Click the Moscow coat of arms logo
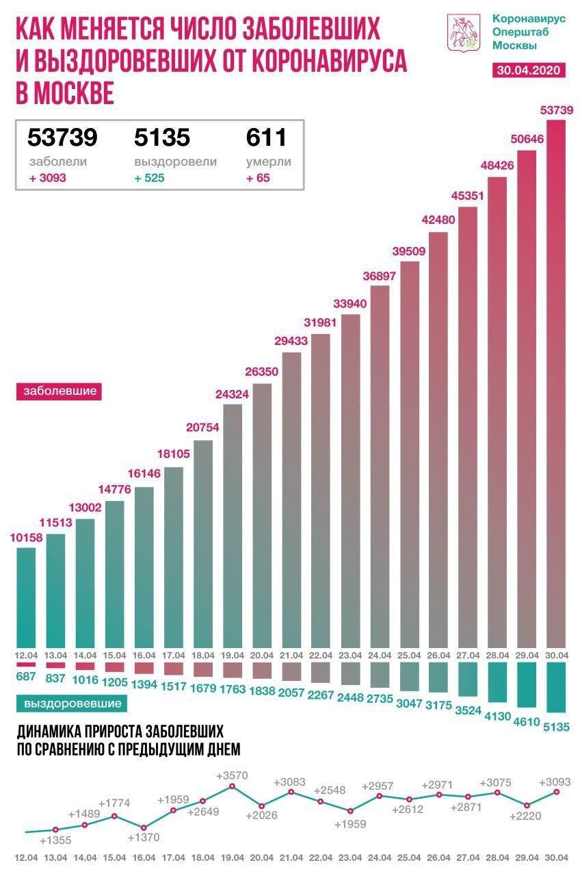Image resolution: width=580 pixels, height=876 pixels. pos(460,32)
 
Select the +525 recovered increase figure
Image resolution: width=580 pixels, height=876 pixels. pos(149,178)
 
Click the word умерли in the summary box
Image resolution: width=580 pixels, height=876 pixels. pos(268,162)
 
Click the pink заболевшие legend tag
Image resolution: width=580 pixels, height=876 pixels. pos(59,392)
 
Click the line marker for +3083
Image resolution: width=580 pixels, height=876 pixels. pos(291,792)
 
